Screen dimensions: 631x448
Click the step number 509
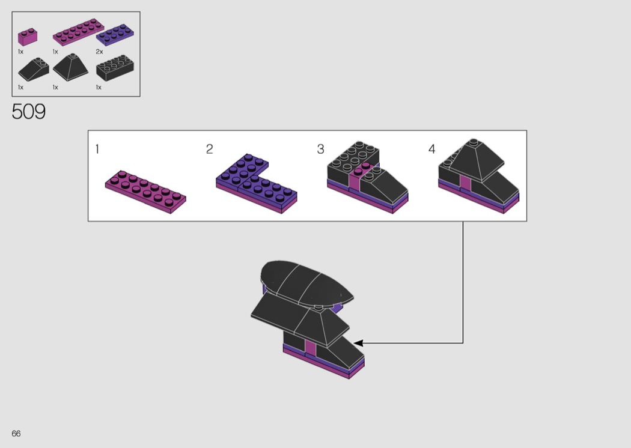pyautogui.click(x=29, y=111)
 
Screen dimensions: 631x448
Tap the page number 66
pyautogui.click(x=16, y=434)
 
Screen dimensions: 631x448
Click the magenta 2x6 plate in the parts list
pyautogui.click(x=78, y=32)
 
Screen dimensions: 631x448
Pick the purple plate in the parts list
pyautogui.click(x=115, y=35)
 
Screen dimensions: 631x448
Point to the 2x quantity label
pyautogui.click(x=99, y=52)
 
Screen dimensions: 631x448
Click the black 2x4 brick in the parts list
pyautogui.click(x=115, y=68)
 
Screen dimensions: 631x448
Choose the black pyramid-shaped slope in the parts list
pyautogui.click(x=71, y=67)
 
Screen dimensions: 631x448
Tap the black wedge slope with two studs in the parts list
pyautogui.click(x=34, y=69)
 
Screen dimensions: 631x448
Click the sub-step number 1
pyautogui.click(x=97, y=149)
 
